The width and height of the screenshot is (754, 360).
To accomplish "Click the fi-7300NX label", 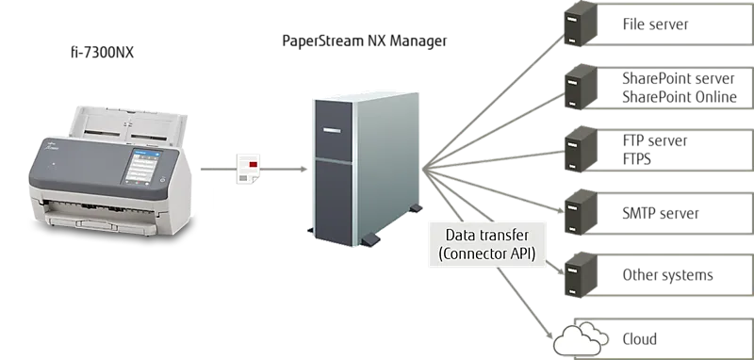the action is (102, 53).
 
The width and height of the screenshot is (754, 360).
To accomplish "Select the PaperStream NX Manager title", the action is (365, 41).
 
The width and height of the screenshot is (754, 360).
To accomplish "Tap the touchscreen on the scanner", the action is (142, 166).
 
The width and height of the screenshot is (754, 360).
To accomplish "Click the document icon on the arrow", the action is (248, 169).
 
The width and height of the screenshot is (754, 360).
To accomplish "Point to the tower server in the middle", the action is (364, 169).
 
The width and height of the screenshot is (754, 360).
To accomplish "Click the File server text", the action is (655, 25).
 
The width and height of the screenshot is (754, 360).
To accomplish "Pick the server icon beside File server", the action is (581, 25).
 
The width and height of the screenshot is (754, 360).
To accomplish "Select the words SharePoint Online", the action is (680, 97).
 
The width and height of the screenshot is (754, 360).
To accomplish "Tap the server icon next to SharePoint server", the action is (581, 87).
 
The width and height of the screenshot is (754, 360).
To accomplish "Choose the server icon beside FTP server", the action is (581, 149).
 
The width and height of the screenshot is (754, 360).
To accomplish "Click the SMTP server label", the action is (661, 213).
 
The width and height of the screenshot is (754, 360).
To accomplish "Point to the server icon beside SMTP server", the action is (581, 212).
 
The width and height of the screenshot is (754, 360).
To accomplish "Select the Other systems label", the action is (667, 275).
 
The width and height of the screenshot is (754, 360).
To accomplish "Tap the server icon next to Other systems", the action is (581, 275).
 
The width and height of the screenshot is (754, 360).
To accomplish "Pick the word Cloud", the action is (640, 339).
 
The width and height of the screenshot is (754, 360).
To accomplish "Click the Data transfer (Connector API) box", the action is (487, 245).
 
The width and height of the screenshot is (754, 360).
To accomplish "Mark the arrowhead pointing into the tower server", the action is (303, 169).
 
